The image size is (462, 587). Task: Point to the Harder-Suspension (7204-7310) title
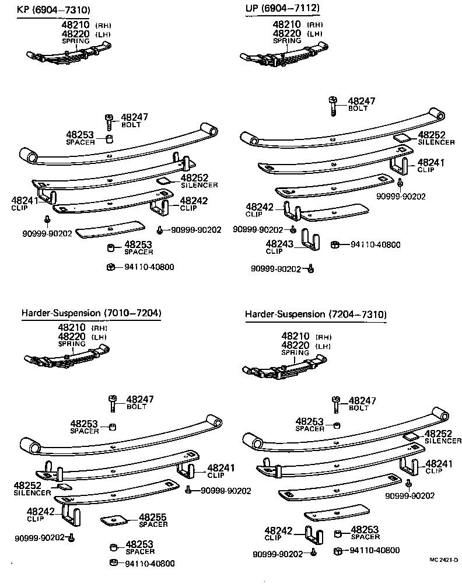(x=316, y=315)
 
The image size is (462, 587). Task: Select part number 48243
(x=281, y=244)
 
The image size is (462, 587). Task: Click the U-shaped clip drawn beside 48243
(x=309, y=239)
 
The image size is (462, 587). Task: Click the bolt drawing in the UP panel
(x=332, y=106)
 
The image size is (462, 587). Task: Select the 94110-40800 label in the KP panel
(x=149, y=267)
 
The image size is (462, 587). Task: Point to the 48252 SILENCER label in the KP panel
(x=198, y=181)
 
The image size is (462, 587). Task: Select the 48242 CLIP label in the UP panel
(x=260, y=210)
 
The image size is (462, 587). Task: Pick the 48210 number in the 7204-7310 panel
(x=296, y=337)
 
